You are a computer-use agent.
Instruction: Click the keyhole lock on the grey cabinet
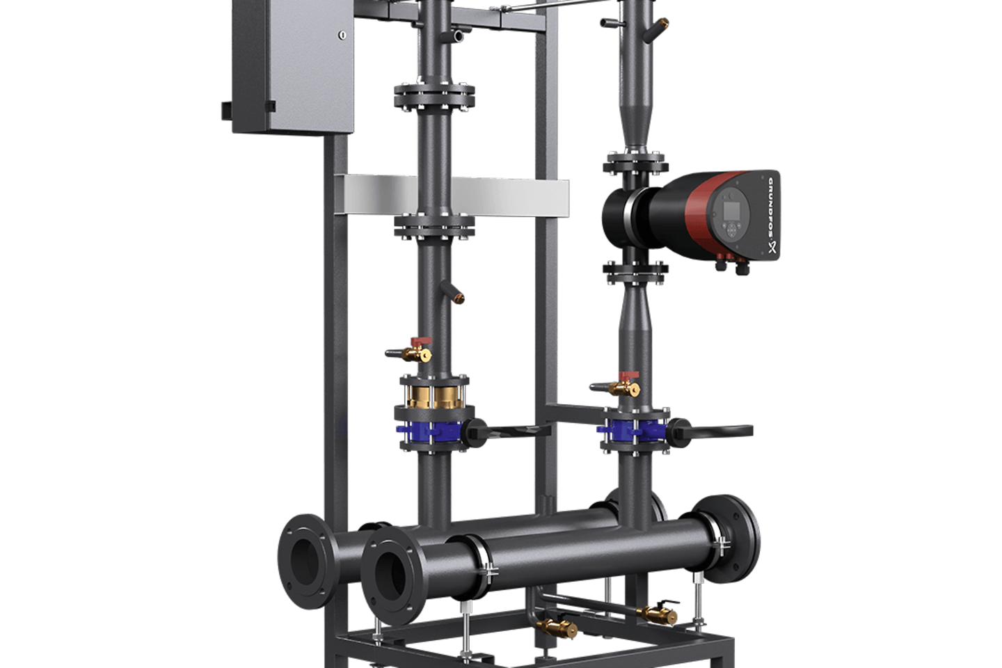click(x=342, y=35)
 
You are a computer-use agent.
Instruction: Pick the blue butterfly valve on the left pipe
click(x=429, y=431)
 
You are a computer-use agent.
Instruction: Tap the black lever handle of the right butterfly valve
click(x=711, y=431)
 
